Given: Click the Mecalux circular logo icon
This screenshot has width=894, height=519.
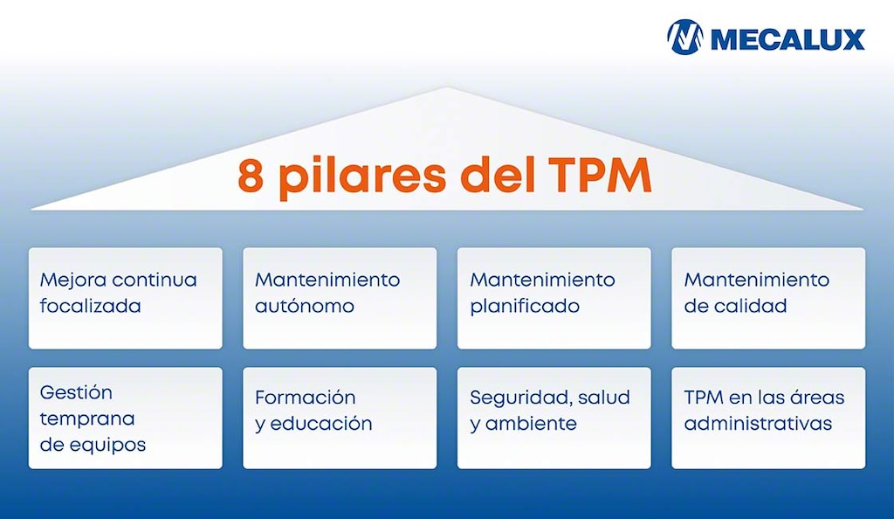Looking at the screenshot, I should (x=684, y=38).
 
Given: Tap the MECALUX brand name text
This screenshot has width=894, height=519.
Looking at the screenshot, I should (x=787, y=39).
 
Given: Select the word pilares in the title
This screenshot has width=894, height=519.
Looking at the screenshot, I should (x=364, y=176).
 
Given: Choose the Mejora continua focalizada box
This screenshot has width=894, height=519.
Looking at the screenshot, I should (x=125, y=298).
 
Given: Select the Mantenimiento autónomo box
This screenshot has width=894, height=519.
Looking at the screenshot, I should (x=340, y=298).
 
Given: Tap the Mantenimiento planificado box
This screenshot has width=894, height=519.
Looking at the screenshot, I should (x=554, y=298).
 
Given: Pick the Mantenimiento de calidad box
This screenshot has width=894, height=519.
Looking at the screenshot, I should (x=768, y=298).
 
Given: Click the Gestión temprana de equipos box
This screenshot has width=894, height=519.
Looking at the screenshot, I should (x=125, y=418).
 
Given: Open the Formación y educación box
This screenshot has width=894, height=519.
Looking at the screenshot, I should (x=340, y=418).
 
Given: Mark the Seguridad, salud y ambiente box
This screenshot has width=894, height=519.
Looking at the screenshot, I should (x=554, y=418).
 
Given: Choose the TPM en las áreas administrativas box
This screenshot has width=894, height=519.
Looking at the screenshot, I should (x=768, y=418).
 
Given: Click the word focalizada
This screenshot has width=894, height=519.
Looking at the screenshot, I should (x=91, y=307).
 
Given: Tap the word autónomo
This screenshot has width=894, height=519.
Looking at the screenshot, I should (x=305, y=307).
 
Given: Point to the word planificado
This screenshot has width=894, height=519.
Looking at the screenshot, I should (x=525, y=308).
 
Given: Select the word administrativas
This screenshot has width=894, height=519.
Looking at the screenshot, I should (x=758, y=424).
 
